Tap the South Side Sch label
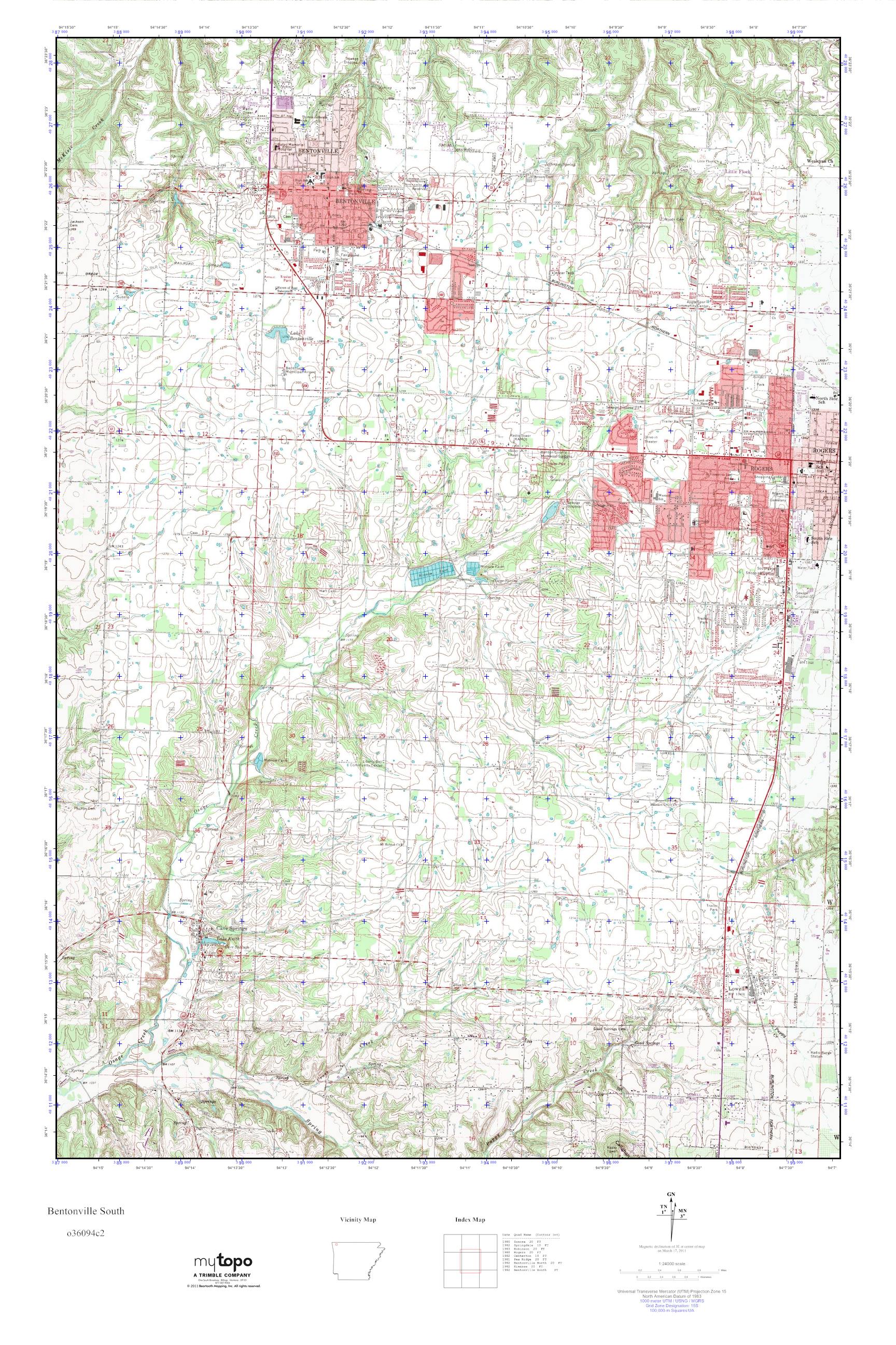click(819, 541)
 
